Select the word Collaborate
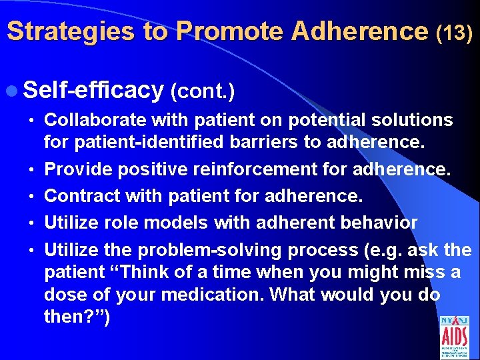(x=96, y=120)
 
